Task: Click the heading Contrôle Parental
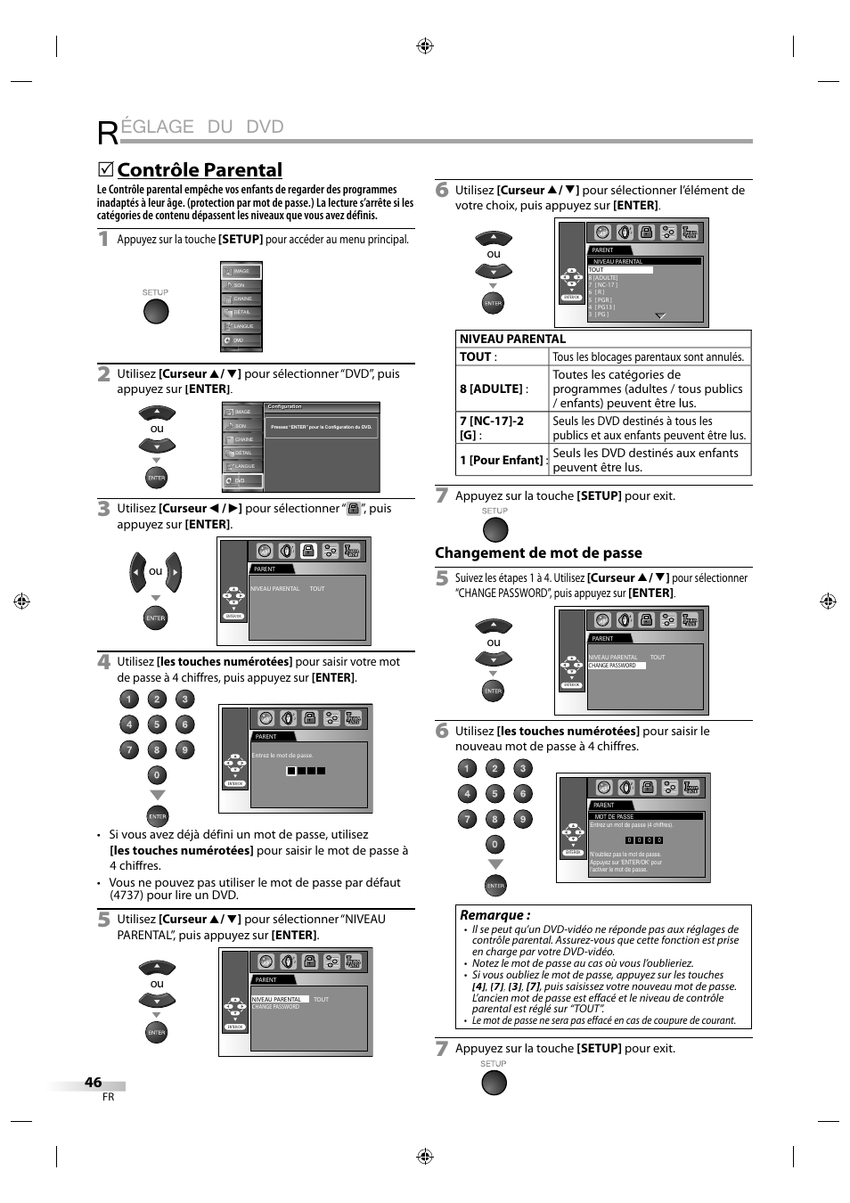[200, 170]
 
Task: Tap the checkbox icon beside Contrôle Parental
[105, 169]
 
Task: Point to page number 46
[94, 1082]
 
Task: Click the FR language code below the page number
[108, 1097]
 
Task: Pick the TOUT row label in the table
[477, 356]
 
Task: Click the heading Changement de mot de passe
[538, 552]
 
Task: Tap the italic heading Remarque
[494, 914]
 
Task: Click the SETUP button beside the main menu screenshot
[156, 311]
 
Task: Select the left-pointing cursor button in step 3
[136, 572]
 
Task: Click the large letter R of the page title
[107, 132]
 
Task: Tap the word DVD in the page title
[265, 127]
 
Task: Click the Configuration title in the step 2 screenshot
[285, 406]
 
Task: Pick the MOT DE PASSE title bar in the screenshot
[615, 816]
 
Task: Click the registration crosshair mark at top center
[425, 46]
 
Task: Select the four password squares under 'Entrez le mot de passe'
[306, 771]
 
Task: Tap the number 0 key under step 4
[156, 775]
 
